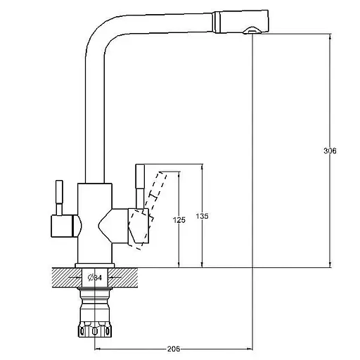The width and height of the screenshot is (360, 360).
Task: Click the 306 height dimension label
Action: (330, 151)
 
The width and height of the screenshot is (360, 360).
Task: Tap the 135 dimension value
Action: (202, 216)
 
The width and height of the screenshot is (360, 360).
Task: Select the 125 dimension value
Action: (179, 220)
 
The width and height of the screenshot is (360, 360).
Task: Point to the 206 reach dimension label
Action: (174, 349)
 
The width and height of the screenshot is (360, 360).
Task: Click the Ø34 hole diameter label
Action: (95, 278)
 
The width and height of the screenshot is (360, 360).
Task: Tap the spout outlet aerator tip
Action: (252, 30)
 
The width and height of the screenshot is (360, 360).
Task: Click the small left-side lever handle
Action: (59, 198)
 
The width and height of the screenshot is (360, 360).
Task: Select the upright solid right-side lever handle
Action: (140, 186)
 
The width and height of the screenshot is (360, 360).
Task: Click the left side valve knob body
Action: (66, 226)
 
